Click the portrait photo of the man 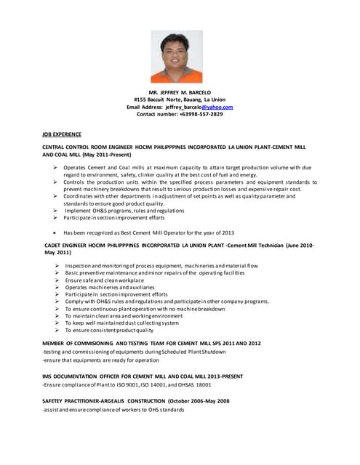pyautogui.click(x=177, y=56)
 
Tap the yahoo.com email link pyautogui.click(x=217, y=107)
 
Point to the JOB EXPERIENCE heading pyautogui.click(x=62, y=134)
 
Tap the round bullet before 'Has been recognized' pyautogui.click(x=56, y=232)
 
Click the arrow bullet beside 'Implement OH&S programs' pyautogui.click(x=56, y=210)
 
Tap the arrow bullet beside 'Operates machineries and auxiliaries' pyautogui.click(x=56, y=288)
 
